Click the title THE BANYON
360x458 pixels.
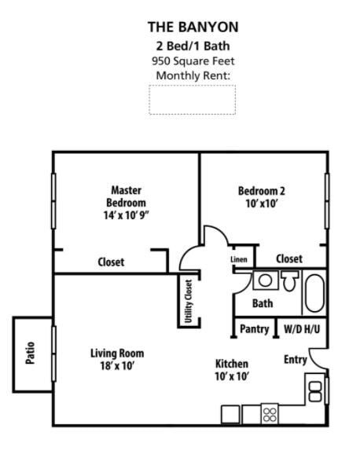193,27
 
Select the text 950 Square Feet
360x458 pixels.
193,60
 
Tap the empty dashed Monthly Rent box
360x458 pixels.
193,100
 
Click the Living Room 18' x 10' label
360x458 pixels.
117,360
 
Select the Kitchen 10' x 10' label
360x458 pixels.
232,370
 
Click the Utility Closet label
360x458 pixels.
188,302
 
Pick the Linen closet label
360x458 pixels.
239,259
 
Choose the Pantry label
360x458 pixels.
254,329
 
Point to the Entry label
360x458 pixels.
296,360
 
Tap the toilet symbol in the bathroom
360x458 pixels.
289,280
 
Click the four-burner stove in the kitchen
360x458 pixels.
270,413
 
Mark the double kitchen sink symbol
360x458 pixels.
314,390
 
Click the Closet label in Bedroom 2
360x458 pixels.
289,258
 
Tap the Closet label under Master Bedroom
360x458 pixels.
111,262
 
